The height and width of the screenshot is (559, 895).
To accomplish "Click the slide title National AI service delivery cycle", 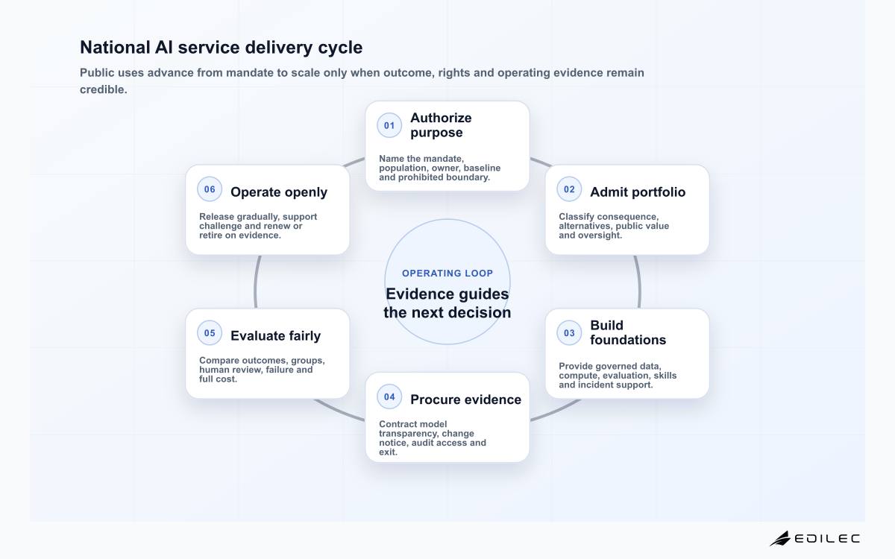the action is (221, 47).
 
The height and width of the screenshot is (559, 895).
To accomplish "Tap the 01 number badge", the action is (389, 125).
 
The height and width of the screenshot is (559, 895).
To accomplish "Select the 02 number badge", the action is (569, 189).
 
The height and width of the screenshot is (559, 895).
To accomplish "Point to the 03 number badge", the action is (569, 333).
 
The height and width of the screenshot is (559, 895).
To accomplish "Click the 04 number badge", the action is (389, 397).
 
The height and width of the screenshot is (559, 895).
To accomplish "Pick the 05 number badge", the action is (210, 333).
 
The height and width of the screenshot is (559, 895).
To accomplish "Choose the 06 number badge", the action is (210, 189).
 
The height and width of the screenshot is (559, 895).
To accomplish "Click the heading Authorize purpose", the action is (441, 125).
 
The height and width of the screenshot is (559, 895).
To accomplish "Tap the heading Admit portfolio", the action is (638, 192).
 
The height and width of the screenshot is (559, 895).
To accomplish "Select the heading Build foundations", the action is (628, 332).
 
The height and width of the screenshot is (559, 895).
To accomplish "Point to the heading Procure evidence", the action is (465, 399).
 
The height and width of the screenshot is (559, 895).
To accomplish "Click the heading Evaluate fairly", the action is (275, 336).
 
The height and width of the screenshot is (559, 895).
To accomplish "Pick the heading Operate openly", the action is (279, 192).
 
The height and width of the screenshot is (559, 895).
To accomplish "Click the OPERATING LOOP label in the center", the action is (447, 273).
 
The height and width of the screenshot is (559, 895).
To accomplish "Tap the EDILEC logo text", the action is (827, 539).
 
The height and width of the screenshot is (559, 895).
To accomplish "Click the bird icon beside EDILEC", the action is (780, 538).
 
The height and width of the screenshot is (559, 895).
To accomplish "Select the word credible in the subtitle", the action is (102, 89).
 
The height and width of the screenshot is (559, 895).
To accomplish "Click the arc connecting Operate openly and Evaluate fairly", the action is (256, 282).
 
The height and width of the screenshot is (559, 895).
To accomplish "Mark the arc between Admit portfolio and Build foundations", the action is (639, 282).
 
